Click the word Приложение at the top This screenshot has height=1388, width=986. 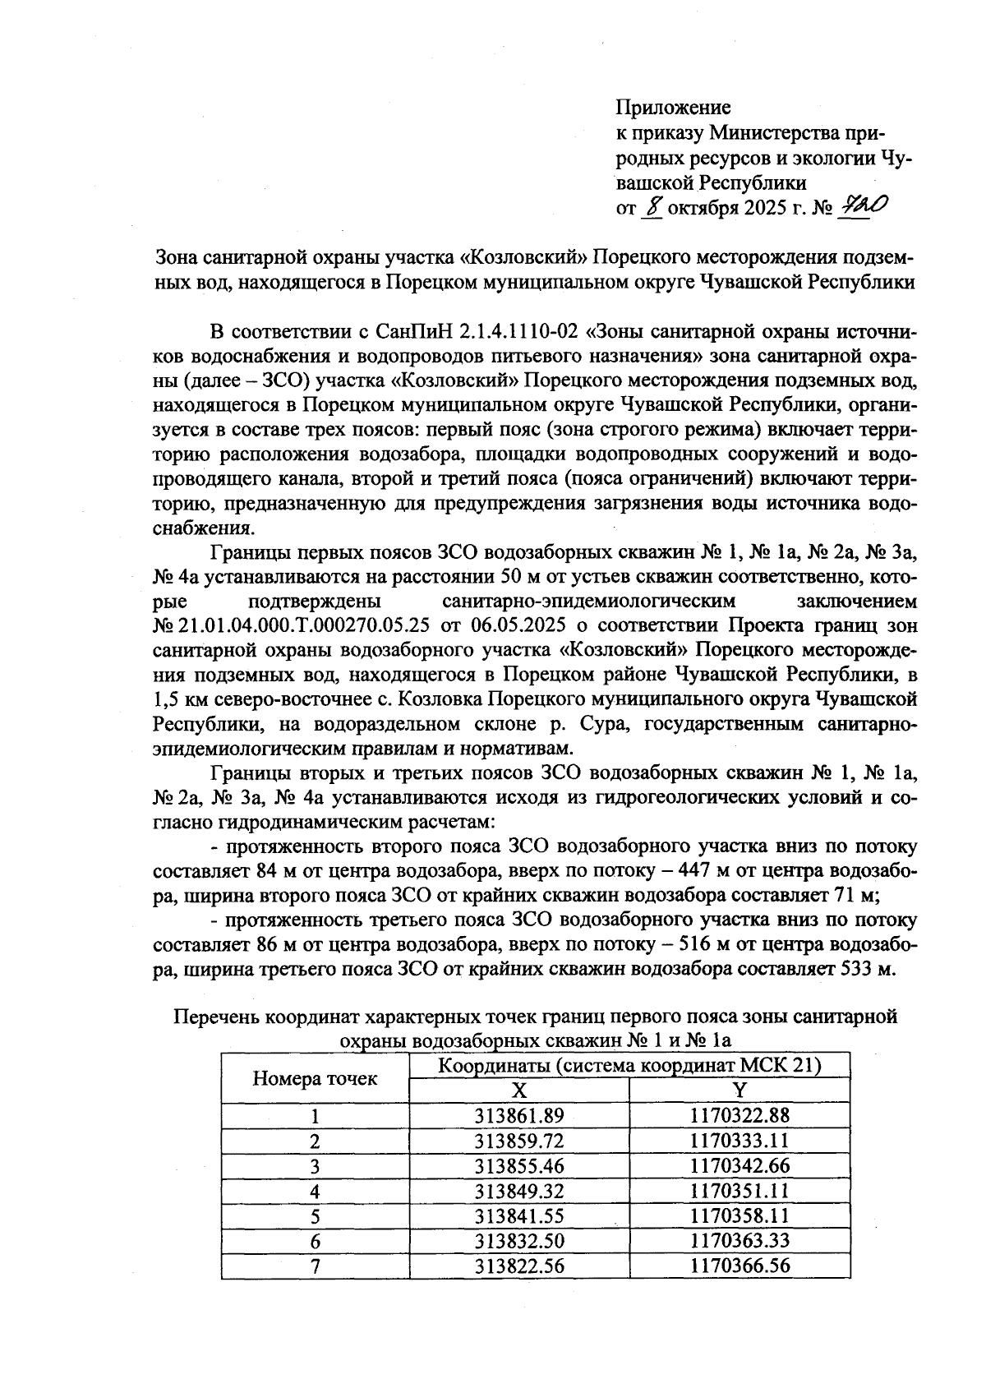673,108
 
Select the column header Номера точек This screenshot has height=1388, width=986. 315,1078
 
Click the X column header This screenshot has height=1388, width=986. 519,1091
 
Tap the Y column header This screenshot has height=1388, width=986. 740,1091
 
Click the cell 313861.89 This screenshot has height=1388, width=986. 519,1115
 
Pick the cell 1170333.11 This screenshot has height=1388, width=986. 740,1141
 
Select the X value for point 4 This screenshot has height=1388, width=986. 519,1191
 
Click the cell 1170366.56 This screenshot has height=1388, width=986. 740,1266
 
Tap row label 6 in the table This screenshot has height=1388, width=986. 315,1241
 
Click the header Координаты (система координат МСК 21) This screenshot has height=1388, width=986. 629,1066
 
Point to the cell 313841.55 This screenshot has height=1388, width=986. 519,1215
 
